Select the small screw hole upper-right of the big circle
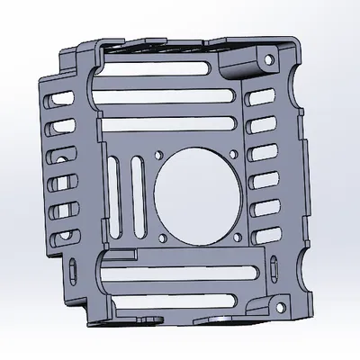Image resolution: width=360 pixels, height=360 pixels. pyautogui.click(x=235, y=151)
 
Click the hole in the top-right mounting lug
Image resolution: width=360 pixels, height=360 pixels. pyautogui.click(x=267, y=59)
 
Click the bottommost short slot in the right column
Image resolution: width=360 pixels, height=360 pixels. pyautogui.click(x=261, y=236)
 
